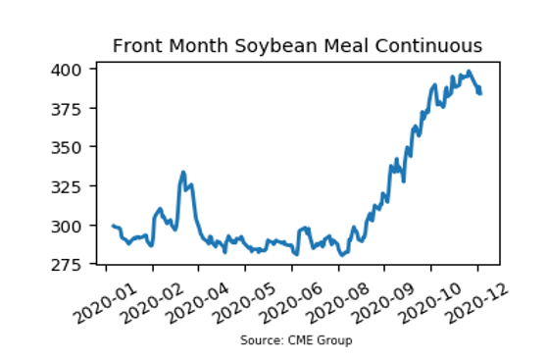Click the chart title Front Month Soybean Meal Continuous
297,46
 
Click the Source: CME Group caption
296,340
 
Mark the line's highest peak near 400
470,72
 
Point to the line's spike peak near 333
183,172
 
